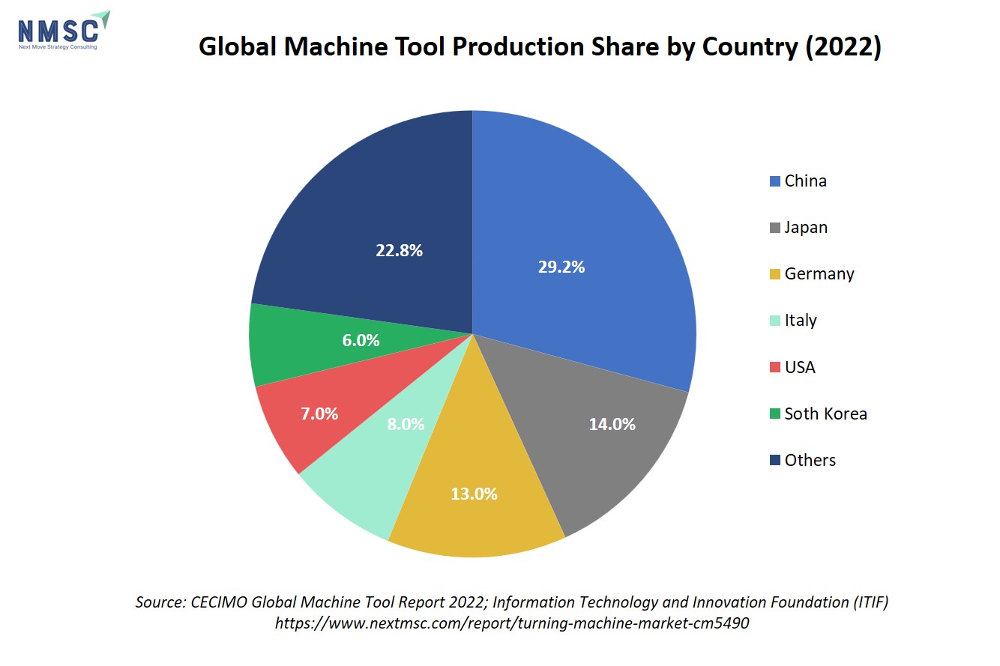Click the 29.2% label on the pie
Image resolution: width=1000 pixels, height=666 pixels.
[561, 267]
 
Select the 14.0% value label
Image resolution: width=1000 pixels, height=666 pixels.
[612, 424]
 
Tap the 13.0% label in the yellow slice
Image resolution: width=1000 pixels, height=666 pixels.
[474, 494]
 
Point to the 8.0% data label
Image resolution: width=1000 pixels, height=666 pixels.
[406, 424]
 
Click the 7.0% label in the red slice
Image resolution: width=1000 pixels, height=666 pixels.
[319, 414]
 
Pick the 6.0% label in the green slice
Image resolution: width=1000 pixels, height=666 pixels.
[361, 340]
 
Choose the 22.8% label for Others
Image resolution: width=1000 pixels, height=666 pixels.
[399, 250]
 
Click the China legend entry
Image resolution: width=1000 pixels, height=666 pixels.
[798, 181]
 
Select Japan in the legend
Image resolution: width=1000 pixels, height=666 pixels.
[798, 228]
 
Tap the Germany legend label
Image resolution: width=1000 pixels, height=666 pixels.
[812, 274]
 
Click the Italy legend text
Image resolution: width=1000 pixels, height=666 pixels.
[793, 321]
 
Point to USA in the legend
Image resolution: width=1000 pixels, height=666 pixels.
[792, 367]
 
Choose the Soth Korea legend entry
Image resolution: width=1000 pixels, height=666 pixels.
[819, 414]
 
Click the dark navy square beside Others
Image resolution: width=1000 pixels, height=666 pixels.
[775, 460]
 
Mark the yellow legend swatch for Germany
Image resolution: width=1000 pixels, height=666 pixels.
[775, 274]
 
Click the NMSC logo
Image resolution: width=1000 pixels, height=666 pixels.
[64, 30]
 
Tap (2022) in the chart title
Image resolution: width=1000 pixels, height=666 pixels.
[843, 47]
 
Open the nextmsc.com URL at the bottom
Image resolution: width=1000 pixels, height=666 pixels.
[512, 623]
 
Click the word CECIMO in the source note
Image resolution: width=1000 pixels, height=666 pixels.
[219, 602]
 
